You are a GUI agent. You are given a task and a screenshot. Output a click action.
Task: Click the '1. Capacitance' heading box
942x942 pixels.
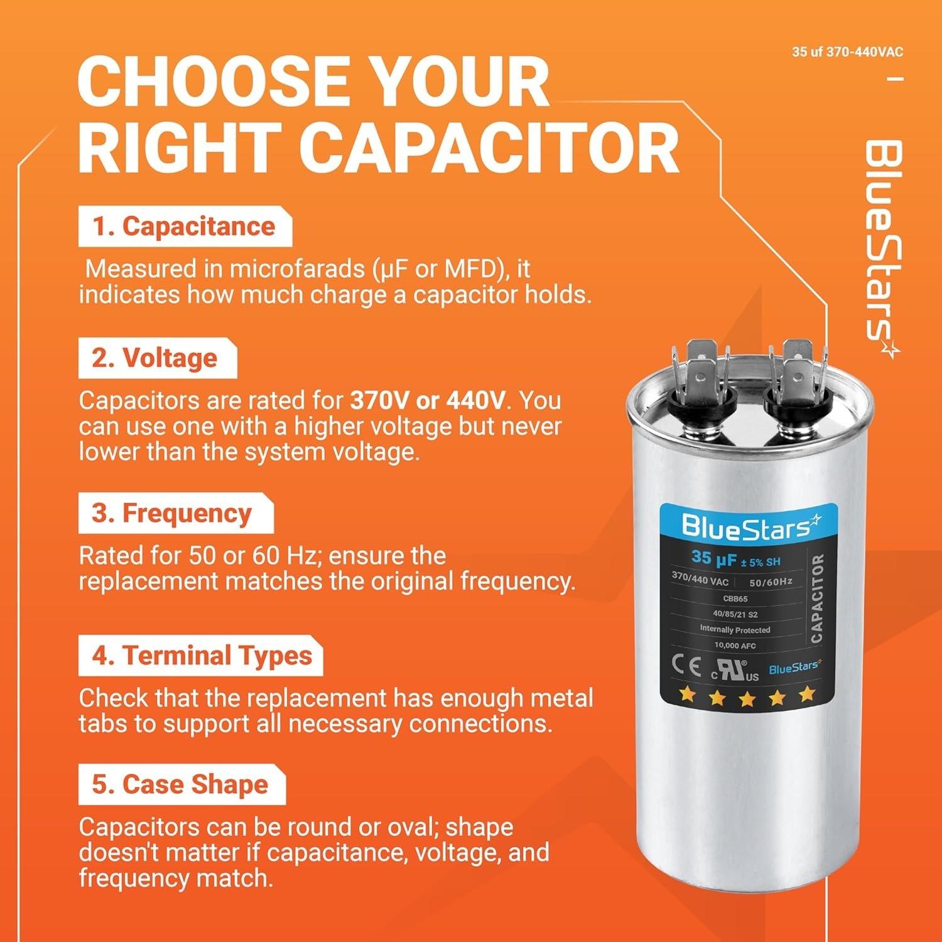coord(185,227)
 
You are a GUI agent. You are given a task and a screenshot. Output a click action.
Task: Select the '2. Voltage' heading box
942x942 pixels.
coord(157,358)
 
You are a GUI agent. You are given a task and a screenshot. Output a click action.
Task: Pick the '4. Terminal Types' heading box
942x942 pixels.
coord(200,656)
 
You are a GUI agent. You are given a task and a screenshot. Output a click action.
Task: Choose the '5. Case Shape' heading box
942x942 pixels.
coord(181,785)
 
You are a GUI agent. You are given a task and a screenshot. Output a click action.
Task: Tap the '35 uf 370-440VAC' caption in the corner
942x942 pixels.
coord(847,51)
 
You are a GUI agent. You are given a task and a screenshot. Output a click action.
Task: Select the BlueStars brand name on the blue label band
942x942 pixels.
coord(750,528)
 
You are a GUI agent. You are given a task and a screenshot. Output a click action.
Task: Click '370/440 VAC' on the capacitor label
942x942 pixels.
coord(700,578)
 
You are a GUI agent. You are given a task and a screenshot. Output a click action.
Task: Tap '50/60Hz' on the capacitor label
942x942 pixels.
coord(770,582)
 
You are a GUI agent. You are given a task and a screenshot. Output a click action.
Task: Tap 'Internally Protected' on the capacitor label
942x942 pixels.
coord(735,629)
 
